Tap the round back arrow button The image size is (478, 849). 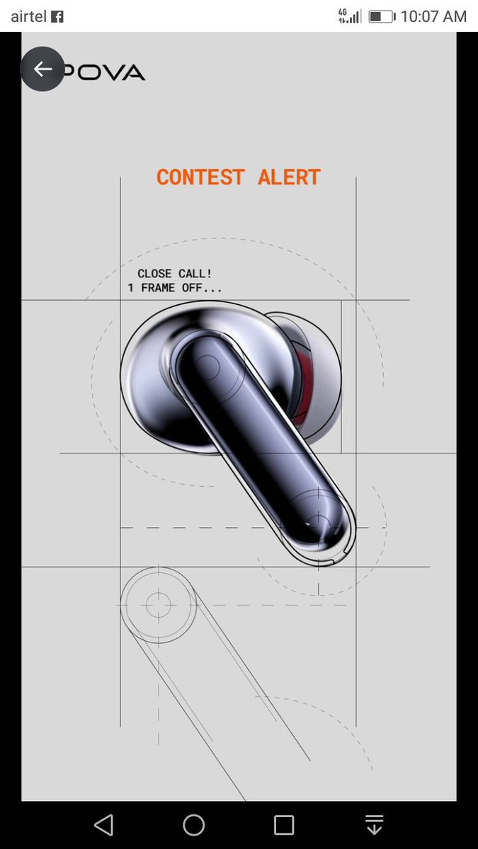pos(42,69)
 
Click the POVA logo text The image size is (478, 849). pos(103,72)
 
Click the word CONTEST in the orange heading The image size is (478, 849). pos(200,177)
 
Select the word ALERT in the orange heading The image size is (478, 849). pos(289,177)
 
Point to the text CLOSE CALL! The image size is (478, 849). pos(174,274)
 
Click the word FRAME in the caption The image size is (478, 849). pos(158,288)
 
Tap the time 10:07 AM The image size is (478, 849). pos(433,16)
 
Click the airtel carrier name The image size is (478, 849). pos(28,16)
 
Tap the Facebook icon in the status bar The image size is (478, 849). pos(57,17)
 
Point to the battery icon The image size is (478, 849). pos(382,17)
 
